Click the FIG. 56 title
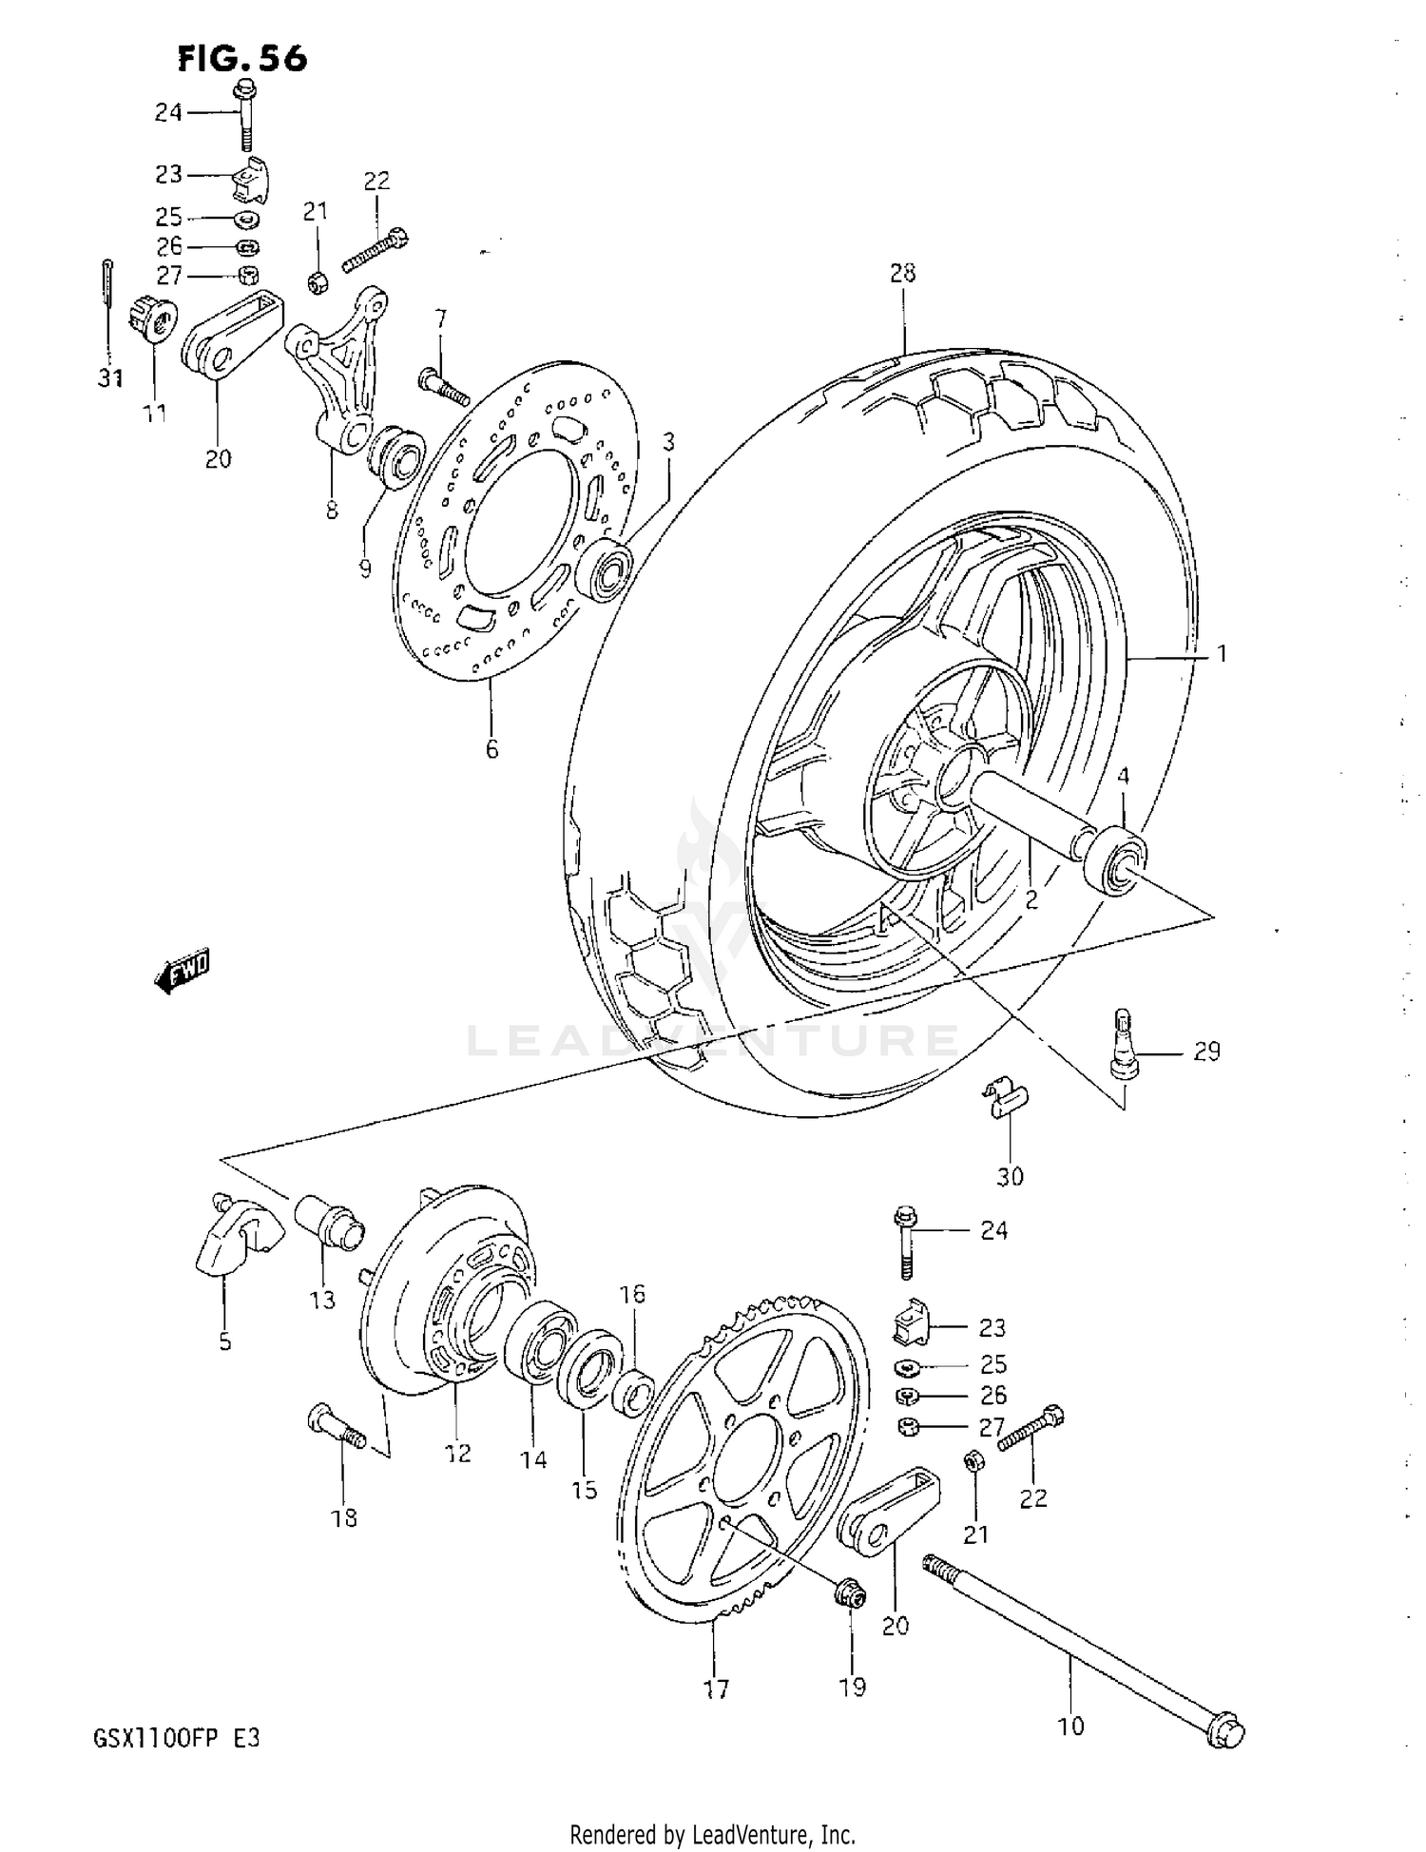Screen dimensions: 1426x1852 click(x=242, y=59)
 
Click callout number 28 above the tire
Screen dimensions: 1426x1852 click(x=902, y=274)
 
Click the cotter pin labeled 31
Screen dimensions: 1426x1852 click(x=110, y=306)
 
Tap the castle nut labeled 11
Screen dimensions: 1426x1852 click(x=152, y=317)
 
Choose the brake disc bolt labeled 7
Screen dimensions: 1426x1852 click(x=443, y=387)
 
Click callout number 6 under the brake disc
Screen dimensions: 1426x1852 click(x=491, y=749)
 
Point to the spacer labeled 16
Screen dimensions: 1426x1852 click(x=633, y=1391)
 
